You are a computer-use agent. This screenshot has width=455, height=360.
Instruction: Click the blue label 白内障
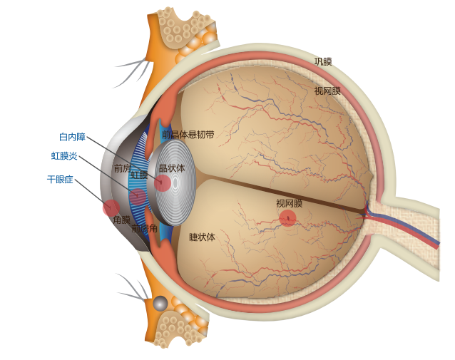tap(72, 137)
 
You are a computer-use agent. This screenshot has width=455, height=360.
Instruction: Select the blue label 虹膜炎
tap(64, 156)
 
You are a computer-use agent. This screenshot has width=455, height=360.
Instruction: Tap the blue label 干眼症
tap(60, 180)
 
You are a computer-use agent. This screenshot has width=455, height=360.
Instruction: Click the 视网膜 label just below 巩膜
tap(327, 91)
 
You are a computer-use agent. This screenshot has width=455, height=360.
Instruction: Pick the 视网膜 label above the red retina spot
tap(289, 204)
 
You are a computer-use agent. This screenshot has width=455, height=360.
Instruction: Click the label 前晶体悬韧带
tap(188, 135)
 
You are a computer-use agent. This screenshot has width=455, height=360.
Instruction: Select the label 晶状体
tap(171, 168)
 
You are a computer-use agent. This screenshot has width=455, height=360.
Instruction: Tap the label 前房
tap(123, 169)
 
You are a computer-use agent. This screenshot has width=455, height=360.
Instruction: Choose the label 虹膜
tap(139, 175)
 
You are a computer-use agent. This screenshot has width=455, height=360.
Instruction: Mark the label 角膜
tap(121, 220)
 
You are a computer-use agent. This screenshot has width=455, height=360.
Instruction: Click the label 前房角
tap(144, 229)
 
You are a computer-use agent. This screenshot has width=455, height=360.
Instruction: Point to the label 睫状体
tap(202, 237)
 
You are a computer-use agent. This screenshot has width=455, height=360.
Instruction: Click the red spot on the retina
tap(287, 218)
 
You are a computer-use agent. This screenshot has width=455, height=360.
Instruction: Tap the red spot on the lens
tap(163, 183)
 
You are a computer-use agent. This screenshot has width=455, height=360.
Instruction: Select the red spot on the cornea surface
tap(111, 207)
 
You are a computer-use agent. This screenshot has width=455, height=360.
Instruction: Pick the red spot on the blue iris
tap(138, 197)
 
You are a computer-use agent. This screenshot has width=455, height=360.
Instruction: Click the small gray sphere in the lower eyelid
tap(160, 304)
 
